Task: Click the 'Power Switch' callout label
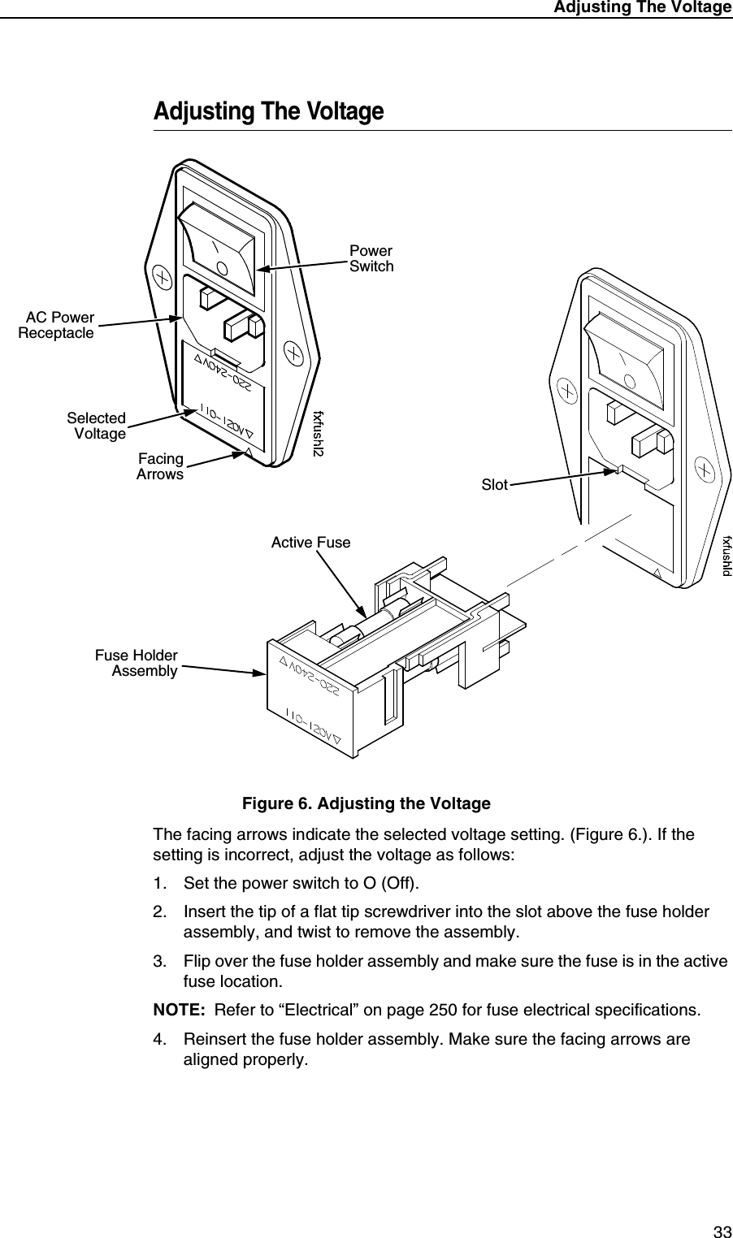coord(371,258)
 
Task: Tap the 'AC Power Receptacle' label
coord(57,325)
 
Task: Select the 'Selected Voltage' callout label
coord(97,426)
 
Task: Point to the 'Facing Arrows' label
coord(160,467)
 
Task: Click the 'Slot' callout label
coord(494,485)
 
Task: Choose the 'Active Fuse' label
coord(310,542)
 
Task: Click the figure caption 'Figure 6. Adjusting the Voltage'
coord(366,804)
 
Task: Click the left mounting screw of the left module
coord(163,277)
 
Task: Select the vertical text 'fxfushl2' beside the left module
coord(319,433)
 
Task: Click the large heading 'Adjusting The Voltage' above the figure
coord(268,111)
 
